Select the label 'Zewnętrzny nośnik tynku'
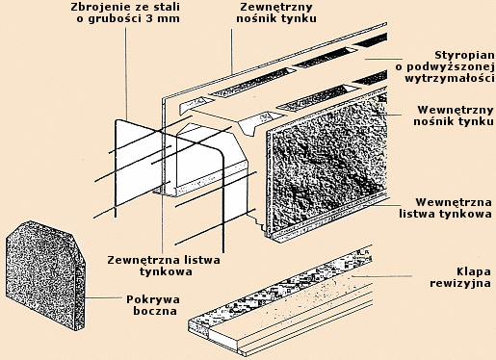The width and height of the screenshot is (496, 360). tap(276, 13)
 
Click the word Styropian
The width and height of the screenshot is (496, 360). tap(464, 55)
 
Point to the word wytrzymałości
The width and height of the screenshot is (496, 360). tap(450, 78)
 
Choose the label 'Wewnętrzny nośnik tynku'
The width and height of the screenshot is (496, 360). tap(454, 116)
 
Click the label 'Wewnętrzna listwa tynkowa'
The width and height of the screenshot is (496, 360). tap(446, 208)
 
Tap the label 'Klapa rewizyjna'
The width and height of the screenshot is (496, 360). tap(460, 277)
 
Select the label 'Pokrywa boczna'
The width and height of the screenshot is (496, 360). tap(153, 305)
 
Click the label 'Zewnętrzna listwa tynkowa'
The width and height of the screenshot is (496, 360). tap(164, 266)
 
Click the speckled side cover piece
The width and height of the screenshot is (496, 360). tap(45, 275)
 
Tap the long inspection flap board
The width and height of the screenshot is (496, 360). tap(280, 302)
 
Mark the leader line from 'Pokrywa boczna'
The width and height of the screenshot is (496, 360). tap(103, 297)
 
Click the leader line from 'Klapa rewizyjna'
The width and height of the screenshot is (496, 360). tap(382, 276)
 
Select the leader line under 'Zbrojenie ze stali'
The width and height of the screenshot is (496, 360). tap(126, 74)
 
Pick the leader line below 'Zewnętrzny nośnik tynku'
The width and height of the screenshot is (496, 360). tap(231, 51)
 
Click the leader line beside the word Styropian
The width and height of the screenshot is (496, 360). tap(383, 59)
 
